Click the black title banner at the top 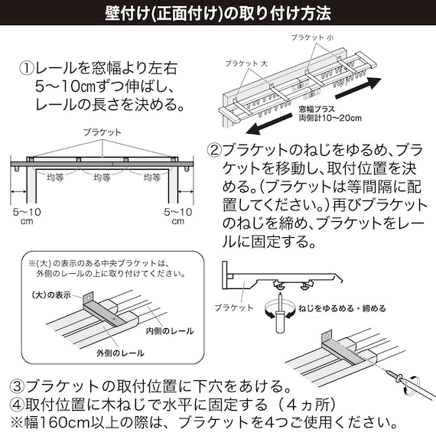[x=218, y=14]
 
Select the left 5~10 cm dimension [x=23, y=215]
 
